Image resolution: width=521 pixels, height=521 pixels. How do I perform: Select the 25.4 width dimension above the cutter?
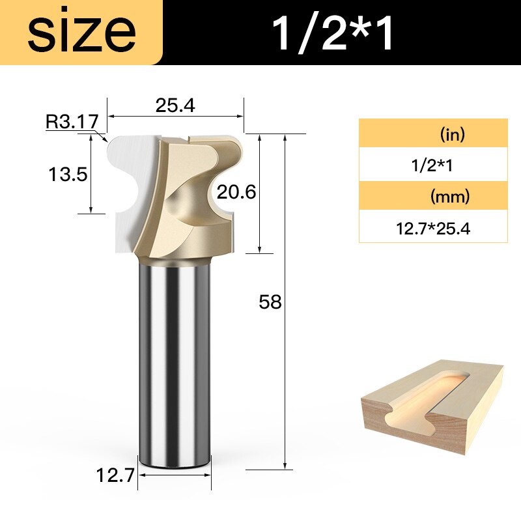[176, 106]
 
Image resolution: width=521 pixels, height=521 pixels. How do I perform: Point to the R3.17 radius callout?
[72, 121]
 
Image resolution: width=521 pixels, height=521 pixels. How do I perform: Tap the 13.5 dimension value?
[68, 174]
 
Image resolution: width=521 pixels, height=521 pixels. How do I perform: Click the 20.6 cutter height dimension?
[237, 192]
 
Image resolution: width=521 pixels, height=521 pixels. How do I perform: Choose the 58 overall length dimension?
[270, 302]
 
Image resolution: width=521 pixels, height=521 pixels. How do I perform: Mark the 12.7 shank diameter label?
[115, 476]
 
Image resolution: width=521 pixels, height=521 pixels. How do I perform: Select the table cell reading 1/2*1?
[433, 165]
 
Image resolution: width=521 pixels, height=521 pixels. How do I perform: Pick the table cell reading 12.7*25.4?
[433, 228]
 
